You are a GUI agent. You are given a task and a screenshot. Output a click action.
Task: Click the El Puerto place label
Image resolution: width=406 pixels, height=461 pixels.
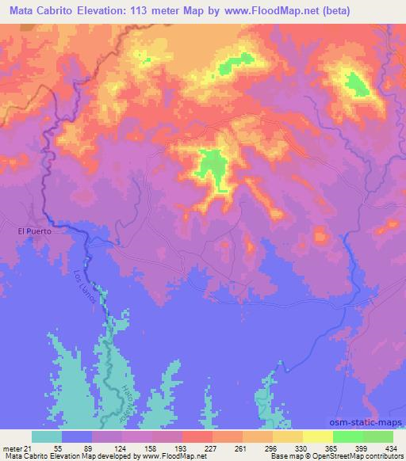[34, 231]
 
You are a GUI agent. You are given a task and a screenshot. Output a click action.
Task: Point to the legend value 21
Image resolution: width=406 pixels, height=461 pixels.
[36, 448]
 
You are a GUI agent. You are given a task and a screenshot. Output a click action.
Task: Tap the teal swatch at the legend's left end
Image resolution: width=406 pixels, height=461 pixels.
[47, 436]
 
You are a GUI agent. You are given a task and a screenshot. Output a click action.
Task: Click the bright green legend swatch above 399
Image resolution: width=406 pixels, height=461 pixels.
[348, 436]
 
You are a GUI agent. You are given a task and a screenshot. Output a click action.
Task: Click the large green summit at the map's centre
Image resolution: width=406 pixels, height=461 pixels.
[212, 165]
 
